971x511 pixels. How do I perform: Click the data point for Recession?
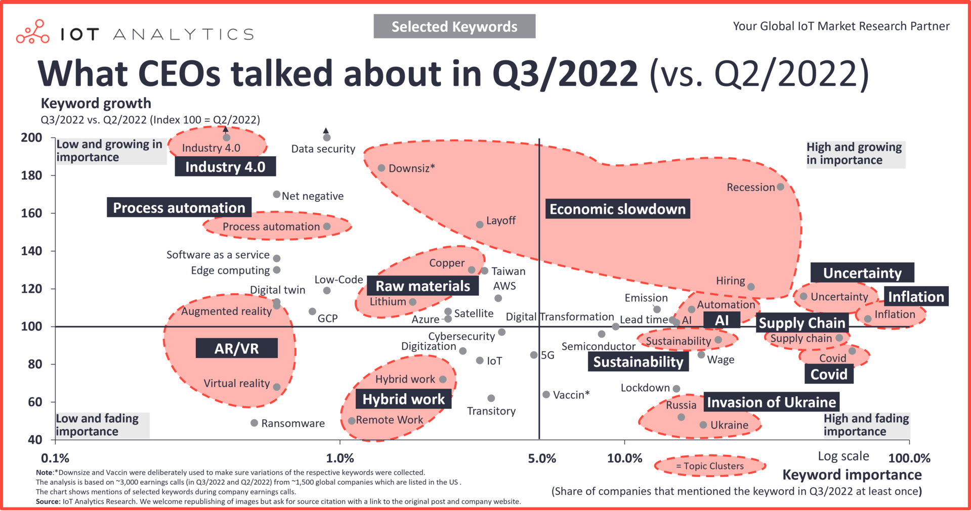click(x=780, y=187)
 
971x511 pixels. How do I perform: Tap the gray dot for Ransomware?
click(x=255, y=423)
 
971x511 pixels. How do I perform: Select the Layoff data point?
click(x=480, y=224)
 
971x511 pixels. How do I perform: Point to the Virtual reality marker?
click(x=277, y=387)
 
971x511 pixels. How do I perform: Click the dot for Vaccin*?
click(x=546, y=394)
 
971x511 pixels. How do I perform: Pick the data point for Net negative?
click(x=277, y=195)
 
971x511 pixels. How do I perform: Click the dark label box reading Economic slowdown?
click(x=617, y=209)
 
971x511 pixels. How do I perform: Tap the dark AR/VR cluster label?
click(x=236, y=348)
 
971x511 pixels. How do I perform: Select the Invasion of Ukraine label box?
click(x=771, y=402)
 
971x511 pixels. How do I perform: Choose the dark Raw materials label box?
click(x=423, y=286)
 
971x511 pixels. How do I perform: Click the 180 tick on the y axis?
click(x=31, y=175)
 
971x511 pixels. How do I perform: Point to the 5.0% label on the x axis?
click(x=541, y=458)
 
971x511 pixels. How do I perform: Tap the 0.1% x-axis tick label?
click(x=55, y=458)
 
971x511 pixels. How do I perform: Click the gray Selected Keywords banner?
click(x=454, y=26)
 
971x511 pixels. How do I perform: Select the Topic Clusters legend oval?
click(x=709, y=466)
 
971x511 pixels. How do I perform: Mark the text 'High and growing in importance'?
click(x=854, y=154)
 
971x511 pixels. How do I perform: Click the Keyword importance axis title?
click(x=852, y=475)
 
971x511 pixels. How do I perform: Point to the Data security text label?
click(x=323, y=149)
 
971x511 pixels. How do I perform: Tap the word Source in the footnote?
click(x=48, y=501)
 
